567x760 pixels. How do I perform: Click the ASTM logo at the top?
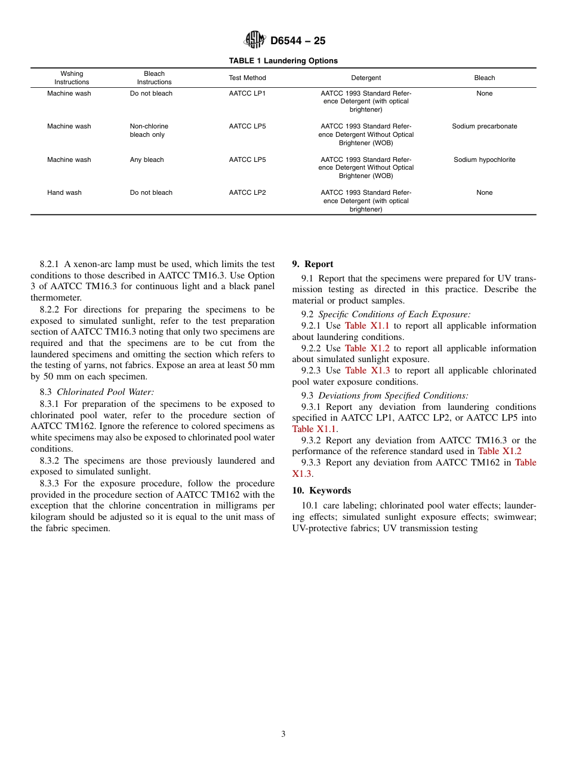[255, 40]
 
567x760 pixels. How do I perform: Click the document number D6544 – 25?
[298, 41]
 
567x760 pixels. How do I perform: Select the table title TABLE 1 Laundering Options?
[283, 61]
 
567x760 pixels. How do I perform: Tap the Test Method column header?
[247, 78]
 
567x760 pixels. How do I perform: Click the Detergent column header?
[366, 78]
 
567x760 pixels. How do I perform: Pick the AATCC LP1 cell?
[247, 93]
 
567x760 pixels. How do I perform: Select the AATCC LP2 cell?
[247, 192]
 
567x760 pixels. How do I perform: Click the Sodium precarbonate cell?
[484, 126]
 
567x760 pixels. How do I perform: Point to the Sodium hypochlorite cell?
[484, 160]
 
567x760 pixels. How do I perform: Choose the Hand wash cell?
[64, 192]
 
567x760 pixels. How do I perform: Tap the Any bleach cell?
[147, 160]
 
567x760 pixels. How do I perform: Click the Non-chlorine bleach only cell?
[149, 130]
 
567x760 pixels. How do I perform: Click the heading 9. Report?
[313, 264]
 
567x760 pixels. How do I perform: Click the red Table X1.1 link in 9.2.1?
[366, 326]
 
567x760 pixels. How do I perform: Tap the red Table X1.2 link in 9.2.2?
[367, 348]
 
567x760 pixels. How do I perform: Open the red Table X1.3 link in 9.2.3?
[368, 370]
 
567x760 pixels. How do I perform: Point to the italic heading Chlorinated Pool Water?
[105, 392]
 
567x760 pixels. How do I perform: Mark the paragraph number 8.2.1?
[50, 264]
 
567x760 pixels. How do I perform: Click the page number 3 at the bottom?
[283, 734]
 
